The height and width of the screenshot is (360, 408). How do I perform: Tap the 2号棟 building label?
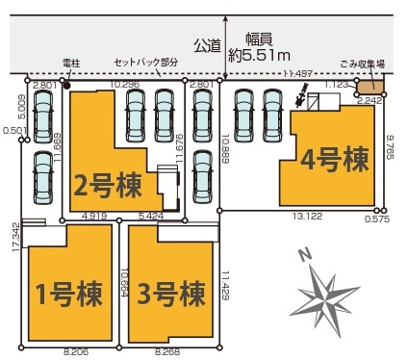(109, 183)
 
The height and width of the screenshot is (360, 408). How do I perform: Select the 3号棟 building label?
(171, 290)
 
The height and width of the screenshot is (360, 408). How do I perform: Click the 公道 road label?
(206, 43)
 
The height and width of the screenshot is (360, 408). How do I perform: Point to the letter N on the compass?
(304, 255)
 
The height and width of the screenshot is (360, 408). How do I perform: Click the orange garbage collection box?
(369, 89)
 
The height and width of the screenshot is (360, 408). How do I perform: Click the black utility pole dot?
(65, 85)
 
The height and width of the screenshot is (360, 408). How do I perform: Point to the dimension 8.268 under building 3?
(168, 354)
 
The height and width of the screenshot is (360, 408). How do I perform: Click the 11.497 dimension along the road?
(298, 73)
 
